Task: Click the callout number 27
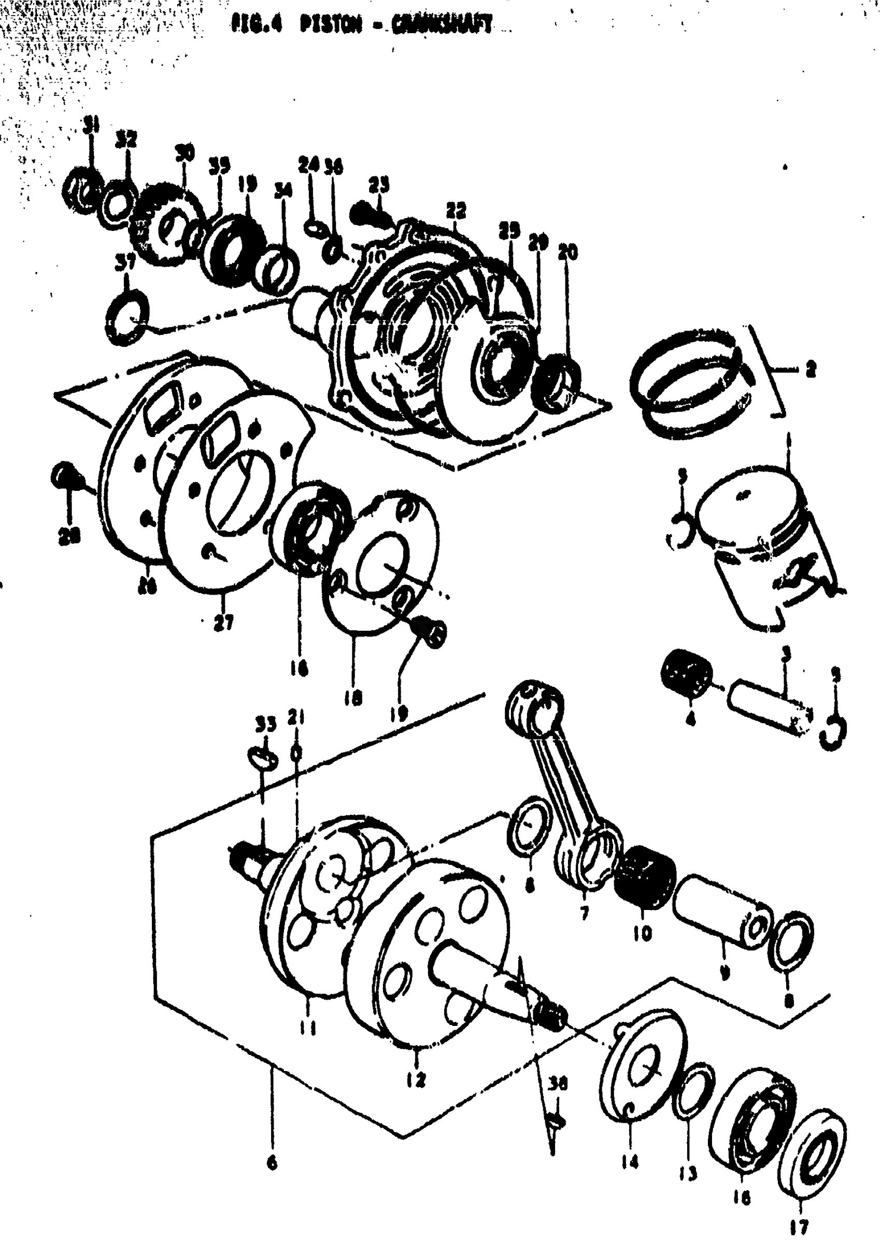[223, 623]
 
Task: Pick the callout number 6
[272, 1162]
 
